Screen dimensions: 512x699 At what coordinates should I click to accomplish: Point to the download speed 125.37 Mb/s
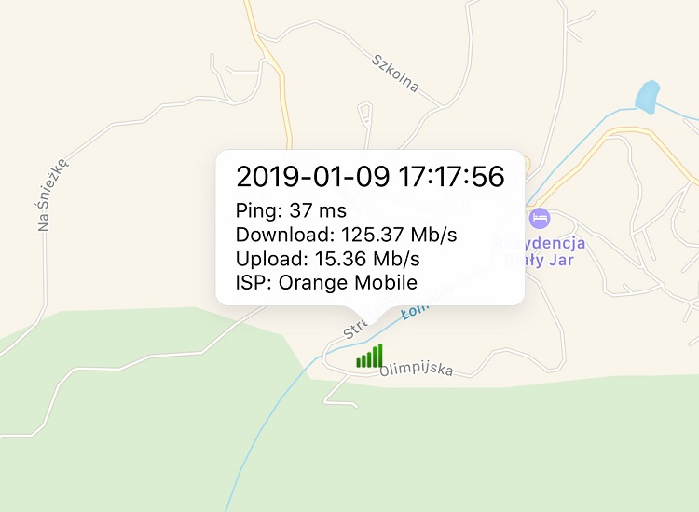tap(399, 235)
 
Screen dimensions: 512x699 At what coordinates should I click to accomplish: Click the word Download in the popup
tap(283, 235)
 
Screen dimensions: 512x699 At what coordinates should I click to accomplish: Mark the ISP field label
tap(251, 282)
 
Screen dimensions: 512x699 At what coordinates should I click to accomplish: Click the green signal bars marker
tap(369, 357)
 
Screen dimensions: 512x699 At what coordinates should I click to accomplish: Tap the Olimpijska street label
tap(417, 370)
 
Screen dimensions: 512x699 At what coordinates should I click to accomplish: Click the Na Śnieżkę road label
tap(53, 194)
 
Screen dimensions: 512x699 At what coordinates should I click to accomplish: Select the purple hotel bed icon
tap(539, 219)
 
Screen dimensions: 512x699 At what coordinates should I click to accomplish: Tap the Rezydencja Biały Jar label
tap(540, 251)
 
